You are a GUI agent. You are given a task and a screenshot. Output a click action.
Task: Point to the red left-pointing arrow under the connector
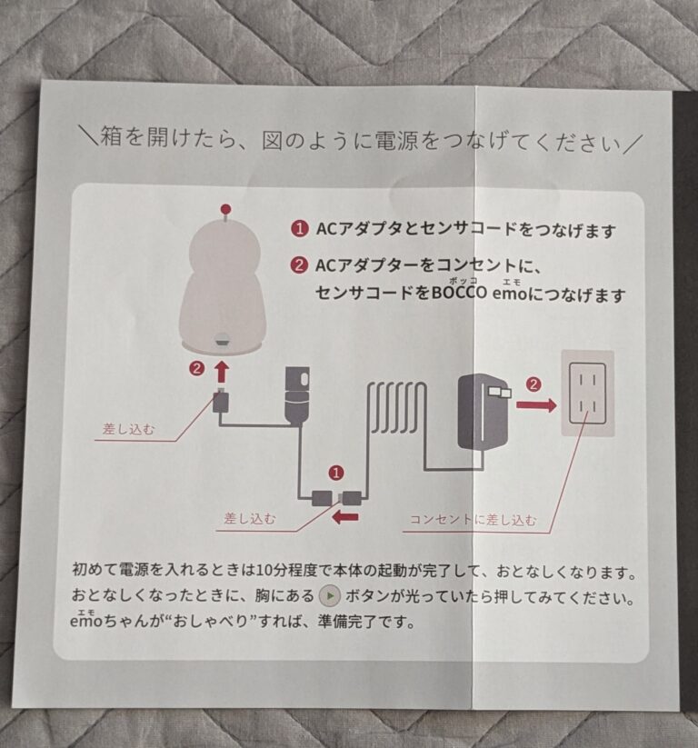pos(345,517)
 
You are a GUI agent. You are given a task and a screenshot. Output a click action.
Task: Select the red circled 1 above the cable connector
pos(336,473)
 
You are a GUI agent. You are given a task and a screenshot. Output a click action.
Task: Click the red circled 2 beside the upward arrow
pos(195,369)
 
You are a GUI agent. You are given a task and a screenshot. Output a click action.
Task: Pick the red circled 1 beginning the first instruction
pos(297,230)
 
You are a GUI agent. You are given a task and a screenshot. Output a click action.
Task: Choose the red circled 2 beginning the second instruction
pos(297,265)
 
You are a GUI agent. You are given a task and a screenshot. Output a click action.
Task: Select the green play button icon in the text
pos(331,597)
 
